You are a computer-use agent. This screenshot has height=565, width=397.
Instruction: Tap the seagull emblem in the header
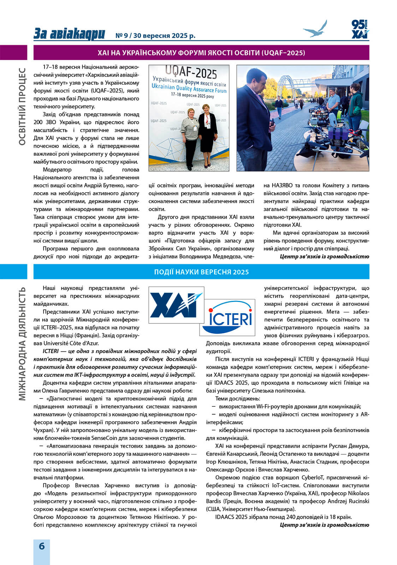click(x=315, y=29)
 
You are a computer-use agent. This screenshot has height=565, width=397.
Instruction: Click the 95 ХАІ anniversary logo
click(x=360, y=29)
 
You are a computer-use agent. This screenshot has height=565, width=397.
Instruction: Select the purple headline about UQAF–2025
click(x=201, y=53)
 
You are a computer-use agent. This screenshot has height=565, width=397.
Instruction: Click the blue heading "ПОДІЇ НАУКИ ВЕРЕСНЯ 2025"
click(x=201, y=272)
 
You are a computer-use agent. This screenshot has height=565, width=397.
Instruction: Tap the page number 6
click(x=42, y=546)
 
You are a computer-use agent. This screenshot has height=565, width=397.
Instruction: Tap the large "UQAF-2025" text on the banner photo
click(x=191, y=72)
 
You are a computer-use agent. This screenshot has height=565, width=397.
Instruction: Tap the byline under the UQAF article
click(x=324, y=256)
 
